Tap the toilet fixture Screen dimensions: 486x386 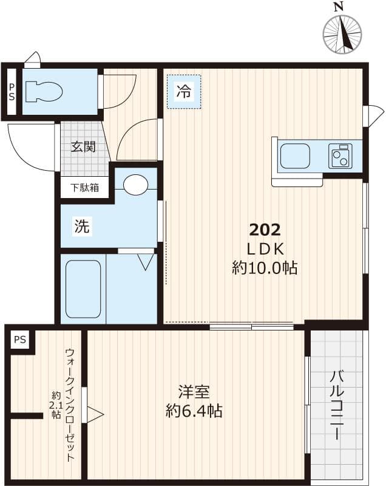[46, 92]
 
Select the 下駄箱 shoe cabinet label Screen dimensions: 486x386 [84, 188]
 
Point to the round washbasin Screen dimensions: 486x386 [135, 185]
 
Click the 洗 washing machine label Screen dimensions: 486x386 [82, 227]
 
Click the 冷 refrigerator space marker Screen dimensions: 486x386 [183, 92]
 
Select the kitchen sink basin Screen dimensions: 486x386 [295, 156]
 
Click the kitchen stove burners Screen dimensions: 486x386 [340, 156]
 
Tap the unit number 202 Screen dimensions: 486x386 [265, 230]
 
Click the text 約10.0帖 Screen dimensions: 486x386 [265, 268]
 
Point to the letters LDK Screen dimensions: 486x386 [265, 249]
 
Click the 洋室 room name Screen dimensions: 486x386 [194, 390]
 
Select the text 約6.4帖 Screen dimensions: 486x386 [194, 411]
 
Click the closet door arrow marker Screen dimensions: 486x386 [95, 415]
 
